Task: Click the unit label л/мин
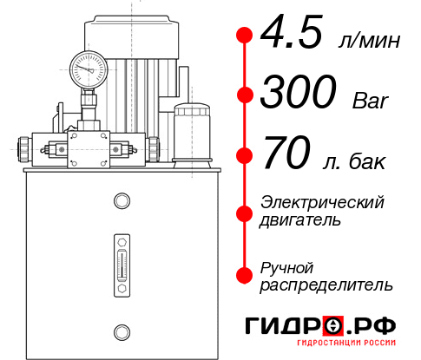(367, 41)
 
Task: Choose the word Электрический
(322, 202)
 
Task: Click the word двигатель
(300, 219)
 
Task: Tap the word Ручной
(286, 266)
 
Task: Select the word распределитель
(326, 284)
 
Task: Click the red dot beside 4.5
(245, 36)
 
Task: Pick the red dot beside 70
(245, 156)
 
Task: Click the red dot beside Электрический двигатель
(245, 211)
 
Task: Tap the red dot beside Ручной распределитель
(245, 275)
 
